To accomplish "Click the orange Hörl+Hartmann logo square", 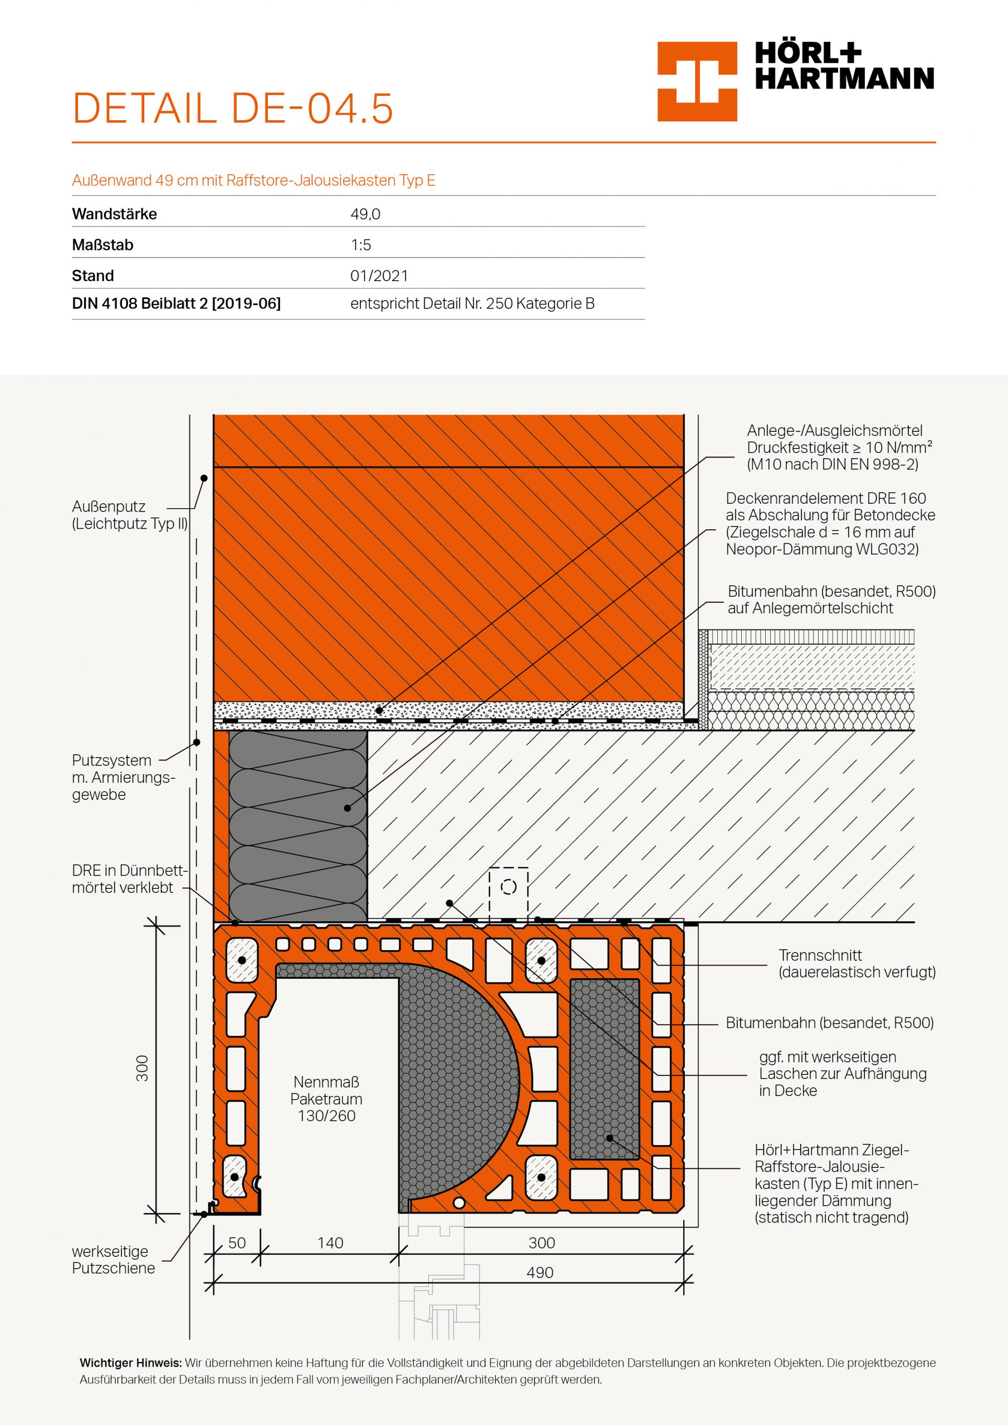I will click(x=697, y=81).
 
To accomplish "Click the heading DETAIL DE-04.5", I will click(x=233, y=109).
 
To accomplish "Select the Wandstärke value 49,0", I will click(x=365, y=215).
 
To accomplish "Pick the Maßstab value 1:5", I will click(x=360, y=245).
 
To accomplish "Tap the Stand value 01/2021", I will click(x=379, y=276).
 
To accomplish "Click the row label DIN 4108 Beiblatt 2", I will click(x=176, y=303).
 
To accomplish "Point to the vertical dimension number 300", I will click(x=142, y=1068).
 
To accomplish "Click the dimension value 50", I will click(x=237, y=1243).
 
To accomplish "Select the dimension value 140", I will click(x=330, y=1243).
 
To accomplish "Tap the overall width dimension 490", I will click(x=540, y=1273).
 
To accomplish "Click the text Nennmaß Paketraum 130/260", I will click(x=326, y=1099).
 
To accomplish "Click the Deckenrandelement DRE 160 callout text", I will click(x=830, y=523).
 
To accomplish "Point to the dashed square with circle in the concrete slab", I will click(x=508, y=887).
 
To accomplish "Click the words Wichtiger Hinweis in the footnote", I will click(x=130, y=1364).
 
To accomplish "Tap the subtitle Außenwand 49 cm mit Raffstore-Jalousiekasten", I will click(x=253, y=180).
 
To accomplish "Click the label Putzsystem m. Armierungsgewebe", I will click(x=123, y=778).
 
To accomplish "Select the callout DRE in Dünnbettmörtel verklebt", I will click(x=128, y=879).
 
